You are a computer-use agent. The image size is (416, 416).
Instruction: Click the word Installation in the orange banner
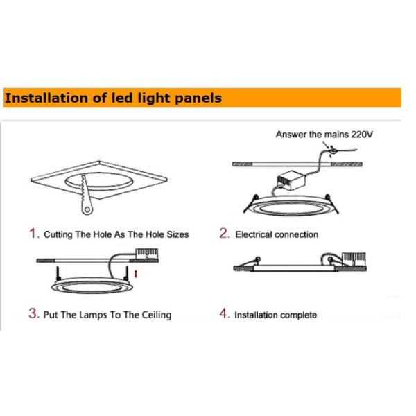pos(46,98)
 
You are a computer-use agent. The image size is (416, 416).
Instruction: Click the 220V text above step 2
pos(362,135)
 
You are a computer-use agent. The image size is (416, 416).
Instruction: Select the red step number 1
pos(35,233)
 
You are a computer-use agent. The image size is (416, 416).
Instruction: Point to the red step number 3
pos(34,313)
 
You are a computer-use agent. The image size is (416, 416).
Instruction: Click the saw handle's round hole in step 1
pos(87,209)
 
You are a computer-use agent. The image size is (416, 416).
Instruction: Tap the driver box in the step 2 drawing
pos(291,180)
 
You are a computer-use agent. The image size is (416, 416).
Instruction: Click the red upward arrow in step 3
pos(136,274)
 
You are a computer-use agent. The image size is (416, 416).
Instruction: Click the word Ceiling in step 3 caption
pos(157,315)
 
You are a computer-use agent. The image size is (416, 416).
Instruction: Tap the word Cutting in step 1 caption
pos(58,235)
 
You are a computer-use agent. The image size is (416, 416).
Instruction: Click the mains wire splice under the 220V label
pos(332,151)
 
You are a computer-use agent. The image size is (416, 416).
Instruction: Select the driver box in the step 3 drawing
pos(147,254)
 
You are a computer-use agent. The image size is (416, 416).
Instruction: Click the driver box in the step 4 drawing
pos(354,259)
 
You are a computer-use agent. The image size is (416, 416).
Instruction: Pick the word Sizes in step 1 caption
pos(177,234)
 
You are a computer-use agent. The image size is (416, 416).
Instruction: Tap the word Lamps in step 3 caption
pos(93,315)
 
